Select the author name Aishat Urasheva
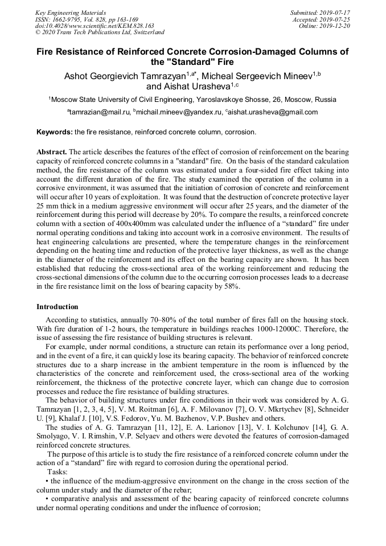pyautogui.click(x=188, y=87)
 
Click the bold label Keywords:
pyautogui.click(x=54, y=132)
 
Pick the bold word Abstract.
pyautogui.click(x=52, y=153)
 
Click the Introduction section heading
pyautogui.click(x=58, y=307)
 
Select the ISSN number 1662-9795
pyautogui.click(x=67, y=19)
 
